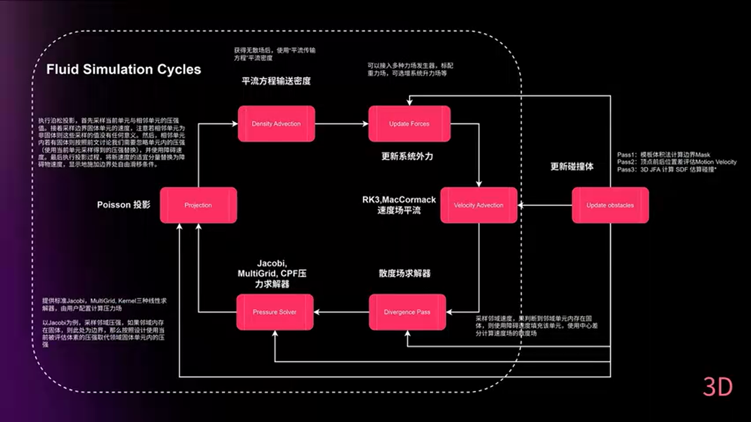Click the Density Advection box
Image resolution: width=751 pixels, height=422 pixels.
[x=276, y=124]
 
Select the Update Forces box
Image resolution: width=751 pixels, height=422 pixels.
[x=409, y=124]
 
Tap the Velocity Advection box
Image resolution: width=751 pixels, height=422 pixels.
[x=479, y=205]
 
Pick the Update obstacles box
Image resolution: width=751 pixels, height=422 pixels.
[x=610, y=205]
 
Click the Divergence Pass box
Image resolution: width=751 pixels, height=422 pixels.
[x=407, y=312]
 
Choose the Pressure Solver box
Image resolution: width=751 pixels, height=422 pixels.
[x=275, y=312]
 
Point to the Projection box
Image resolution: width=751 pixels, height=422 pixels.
[x=198, y=205]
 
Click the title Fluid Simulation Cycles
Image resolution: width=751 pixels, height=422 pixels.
[x=124, y=69]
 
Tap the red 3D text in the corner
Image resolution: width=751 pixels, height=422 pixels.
[x=718, y=387]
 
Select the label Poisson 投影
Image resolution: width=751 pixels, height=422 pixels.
[x=124, y=205]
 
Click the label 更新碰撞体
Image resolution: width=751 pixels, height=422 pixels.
[x=571, y=166]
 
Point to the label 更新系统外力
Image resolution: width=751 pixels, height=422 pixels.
[x=407, y=156]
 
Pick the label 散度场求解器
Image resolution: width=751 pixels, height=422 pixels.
[x=405, y=274]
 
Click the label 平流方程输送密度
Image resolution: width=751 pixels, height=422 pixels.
[x=276, y=81]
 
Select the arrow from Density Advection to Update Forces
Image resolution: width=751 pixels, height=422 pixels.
[x=341, y=124]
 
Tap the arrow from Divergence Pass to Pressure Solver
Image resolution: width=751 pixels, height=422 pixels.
[x=341, y=312]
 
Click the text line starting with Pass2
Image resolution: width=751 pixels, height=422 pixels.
[x=676, y=162]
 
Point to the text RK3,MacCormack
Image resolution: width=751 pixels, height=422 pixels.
[x=399, y=200]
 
